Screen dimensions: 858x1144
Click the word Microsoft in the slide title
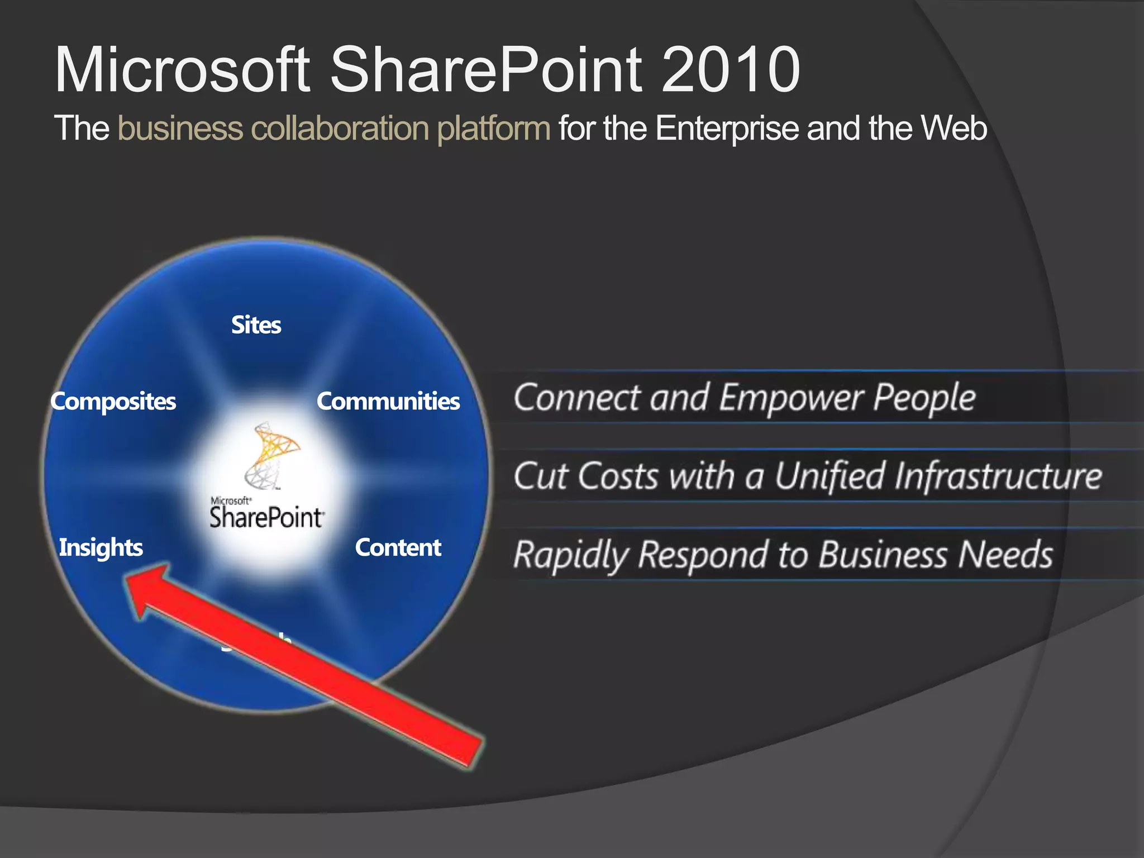(x=182, y=70)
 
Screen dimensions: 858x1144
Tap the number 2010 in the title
(x=731, y=70)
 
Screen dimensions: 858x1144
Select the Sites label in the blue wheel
(x=256, y=325)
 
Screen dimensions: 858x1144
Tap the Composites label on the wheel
(x=113, y=402)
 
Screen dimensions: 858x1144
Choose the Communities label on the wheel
(x=388, y=402)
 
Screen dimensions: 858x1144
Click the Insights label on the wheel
(x=101, y=547)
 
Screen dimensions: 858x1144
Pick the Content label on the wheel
(x=398, y=547)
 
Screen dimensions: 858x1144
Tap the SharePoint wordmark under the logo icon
(x=267, y=517)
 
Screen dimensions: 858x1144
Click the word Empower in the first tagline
(x=792, y=398)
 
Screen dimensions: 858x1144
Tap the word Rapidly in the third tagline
(x=571, y=555)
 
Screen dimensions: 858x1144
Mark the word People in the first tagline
(x=924, y=398)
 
